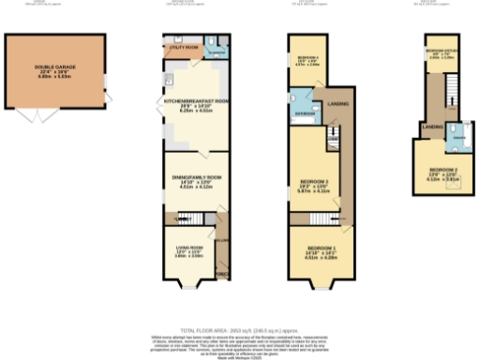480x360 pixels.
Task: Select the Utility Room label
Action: click(183, 46)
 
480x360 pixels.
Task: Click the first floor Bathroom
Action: click(305, 105)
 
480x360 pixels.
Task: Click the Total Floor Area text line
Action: click(240, 332)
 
